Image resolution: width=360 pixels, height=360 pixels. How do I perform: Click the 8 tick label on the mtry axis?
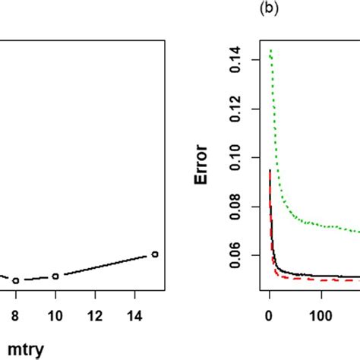point(15,312)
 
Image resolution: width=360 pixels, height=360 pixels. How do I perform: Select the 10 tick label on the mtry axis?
point(55,312)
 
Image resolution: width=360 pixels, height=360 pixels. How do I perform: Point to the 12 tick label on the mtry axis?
point(94,312)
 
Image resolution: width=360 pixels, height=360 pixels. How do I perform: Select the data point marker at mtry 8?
point(15,280)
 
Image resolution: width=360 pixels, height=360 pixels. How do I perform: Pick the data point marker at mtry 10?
point(55,276)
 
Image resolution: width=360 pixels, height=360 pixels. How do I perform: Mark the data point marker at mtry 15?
point(154,254)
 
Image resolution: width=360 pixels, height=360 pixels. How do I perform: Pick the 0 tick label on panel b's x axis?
point(269,312)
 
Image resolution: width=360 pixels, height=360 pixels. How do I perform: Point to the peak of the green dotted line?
point(271,50)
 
